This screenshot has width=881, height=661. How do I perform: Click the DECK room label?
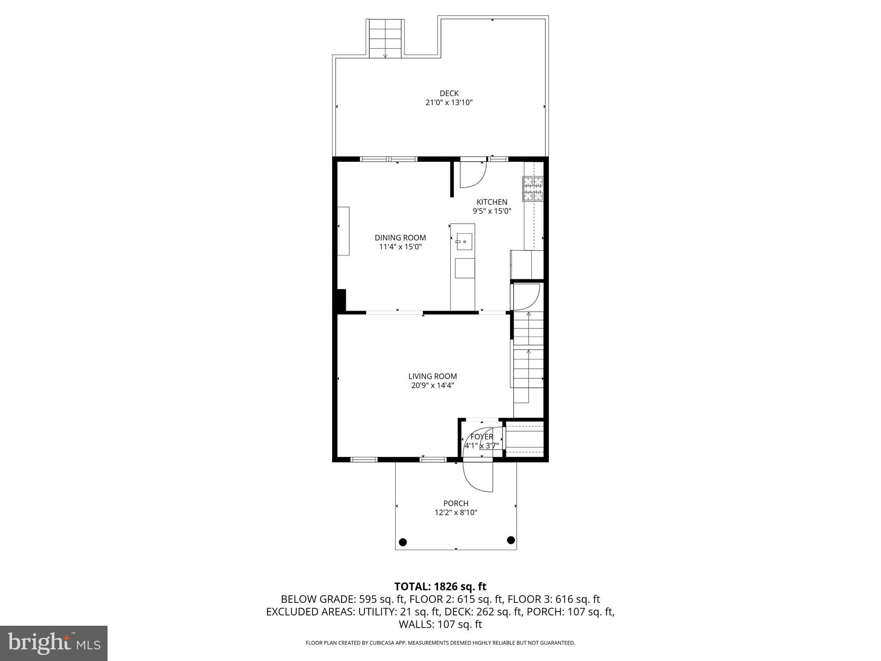point(449,93)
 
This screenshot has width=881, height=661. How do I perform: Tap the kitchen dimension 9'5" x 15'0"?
point(492,211)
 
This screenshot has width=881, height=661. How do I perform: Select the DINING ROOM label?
point(400,238)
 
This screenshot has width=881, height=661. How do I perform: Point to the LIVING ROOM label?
point(432,376)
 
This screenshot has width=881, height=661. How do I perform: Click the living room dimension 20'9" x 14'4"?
point(432,386)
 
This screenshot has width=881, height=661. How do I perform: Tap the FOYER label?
point(481,437)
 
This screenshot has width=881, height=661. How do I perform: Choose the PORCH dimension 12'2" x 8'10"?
point(456,513)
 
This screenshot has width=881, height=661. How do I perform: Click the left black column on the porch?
point(403,542)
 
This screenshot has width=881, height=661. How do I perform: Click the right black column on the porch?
point(511,540)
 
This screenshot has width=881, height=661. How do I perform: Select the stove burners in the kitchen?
point(533,189)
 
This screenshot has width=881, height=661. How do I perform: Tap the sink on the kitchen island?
point(464,242)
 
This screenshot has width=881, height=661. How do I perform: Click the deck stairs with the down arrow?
point(385,39)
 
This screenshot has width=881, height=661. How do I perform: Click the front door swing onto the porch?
point(477,477)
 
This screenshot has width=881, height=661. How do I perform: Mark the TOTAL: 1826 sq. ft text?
point(440,587)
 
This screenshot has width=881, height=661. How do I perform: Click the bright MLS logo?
point(54,643)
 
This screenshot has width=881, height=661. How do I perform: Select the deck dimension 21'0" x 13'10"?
point(449,102)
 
